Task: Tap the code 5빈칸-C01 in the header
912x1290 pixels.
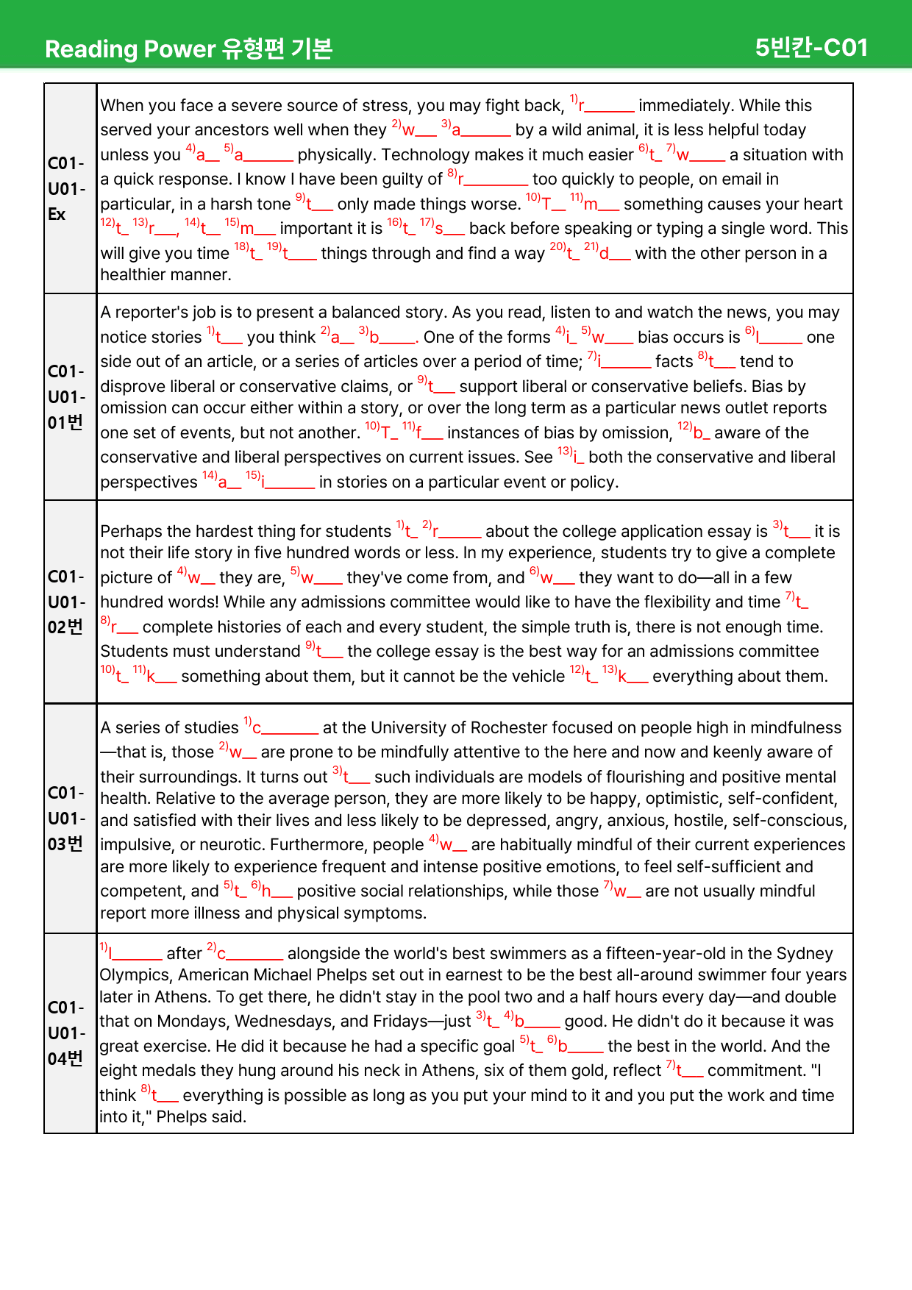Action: (811, 48)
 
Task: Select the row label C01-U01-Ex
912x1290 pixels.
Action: (66, 188)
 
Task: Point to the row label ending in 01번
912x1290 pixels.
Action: (66, 397)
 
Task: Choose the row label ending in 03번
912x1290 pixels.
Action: (66, 819)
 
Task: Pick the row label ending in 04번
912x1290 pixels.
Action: (66, 1033)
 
